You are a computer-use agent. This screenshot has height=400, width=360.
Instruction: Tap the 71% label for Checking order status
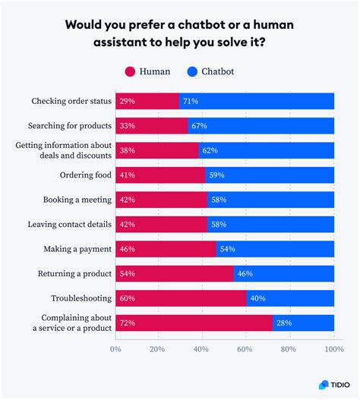click(191, 101)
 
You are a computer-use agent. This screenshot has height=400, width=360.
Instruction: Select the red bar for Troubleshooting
click(181, 299)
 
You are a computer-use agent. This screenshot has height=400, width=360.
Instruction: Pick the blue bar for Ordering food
click(270, 175)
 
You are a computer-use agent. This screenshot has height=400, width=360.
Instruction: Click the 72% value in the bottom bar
click(127, 323)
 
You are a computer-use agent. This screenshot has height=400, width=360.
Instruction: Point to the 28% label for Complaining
click(285, 323)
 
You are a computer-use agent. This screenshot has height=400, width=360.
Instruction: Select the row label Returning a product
click(74, 274)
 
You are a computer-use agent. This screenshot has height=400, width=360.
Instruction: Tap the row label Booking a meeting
click(77, 200)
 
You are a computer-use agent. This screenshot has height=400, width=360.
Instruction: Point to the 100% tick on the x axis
click(333, 349)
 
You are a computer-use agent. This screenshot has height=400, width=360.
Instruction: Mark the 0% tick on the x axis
click(116, 349)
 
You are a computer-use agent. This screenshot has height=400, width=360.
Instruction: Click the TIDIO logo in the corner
click(332, 384)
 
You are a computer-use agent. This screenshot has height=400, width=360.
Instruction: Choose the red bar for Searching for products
click(151, 126)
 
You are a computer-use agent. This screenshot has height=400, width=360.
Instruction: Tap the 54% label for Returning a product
click(127, 274)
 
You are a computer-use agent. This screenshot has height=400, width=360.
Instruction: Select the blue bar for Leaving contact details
click(270, 225)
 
